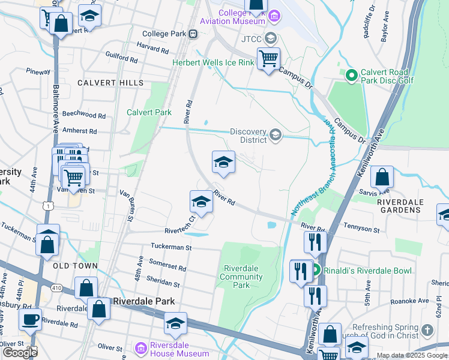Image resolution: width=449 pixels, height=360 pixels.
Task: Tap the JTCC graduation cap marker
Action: (x=271, y=39)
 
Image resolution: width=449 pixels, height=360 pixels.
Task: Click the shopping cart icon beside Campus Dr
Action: (x=268, y=59)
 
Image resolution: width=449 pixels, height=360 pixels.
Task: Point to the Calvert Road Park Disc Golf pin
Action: (x=351, y=76)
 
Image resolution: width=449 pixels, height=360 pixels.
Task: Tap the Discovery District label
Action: (x=249, y=136)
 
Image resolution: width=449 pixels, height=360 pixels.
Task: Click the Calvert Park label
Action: (x=149, y=112)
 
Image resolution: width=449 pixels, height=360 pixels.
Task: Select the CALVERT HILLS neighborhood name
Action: (x=110, y=83)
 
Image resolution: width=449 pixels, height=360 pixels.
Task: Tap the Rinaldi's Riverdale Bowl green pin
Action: (x=316, y=271)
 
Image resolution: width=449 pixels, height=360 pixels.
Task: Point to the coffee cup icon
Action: (x=29, y=319)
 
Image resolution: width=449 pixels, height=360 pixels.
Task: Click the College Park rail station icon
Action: (x=193, y=34)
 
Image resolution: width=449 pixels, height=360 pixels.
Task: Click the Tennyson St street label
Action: (x=361, y=230)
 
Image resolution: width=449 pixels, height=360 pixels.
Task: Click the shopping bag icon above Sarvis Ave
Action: (x=382, y=177)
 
